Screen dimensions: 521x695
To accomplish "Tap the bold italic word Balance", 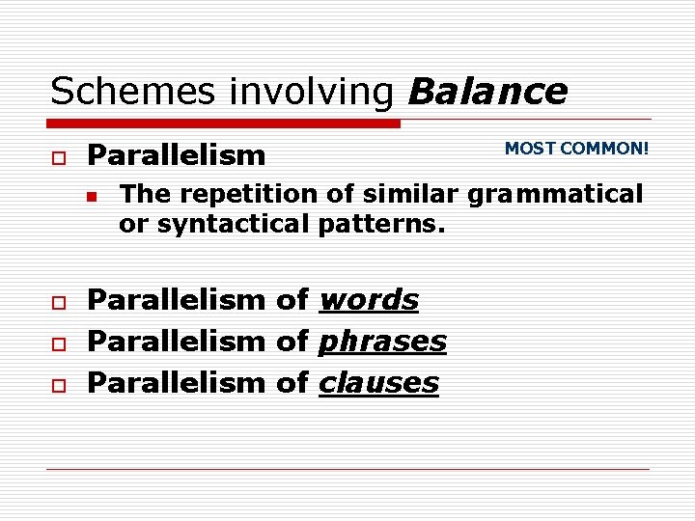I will [x=487, y=92].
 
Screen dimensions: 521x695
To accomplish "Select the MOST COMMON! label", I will [x=576, y=149].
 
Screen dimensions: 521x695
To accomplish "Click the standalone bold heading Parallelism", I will [x=176, y=155].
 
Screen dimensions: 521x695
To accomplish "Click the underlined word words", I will [x=368, y=300].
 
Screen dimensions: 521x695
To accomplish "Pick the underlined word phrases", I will [x=381, y=342].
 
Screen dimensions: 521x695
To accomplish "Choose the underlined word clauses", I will [x=377, y=382].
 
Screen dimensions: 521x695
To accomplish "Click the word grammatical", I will [x=555, y=195].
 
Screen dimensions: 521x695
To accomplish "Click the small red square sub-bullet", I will [x=92, y=196].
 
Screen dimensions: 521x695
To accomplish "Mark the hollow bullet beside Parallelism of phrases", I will [x=58, y=343].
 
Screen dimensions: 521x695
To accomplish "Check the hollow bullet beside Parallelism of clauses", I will [x=58, y=385].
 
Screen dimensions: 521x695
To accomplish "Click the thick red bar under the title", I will [x=224, y=123].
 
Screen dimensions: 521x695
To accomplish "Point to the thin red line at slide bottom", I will [x=347, y=470].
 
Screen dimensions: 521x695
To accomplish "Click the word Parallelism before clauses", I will [x=176, y=382].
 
